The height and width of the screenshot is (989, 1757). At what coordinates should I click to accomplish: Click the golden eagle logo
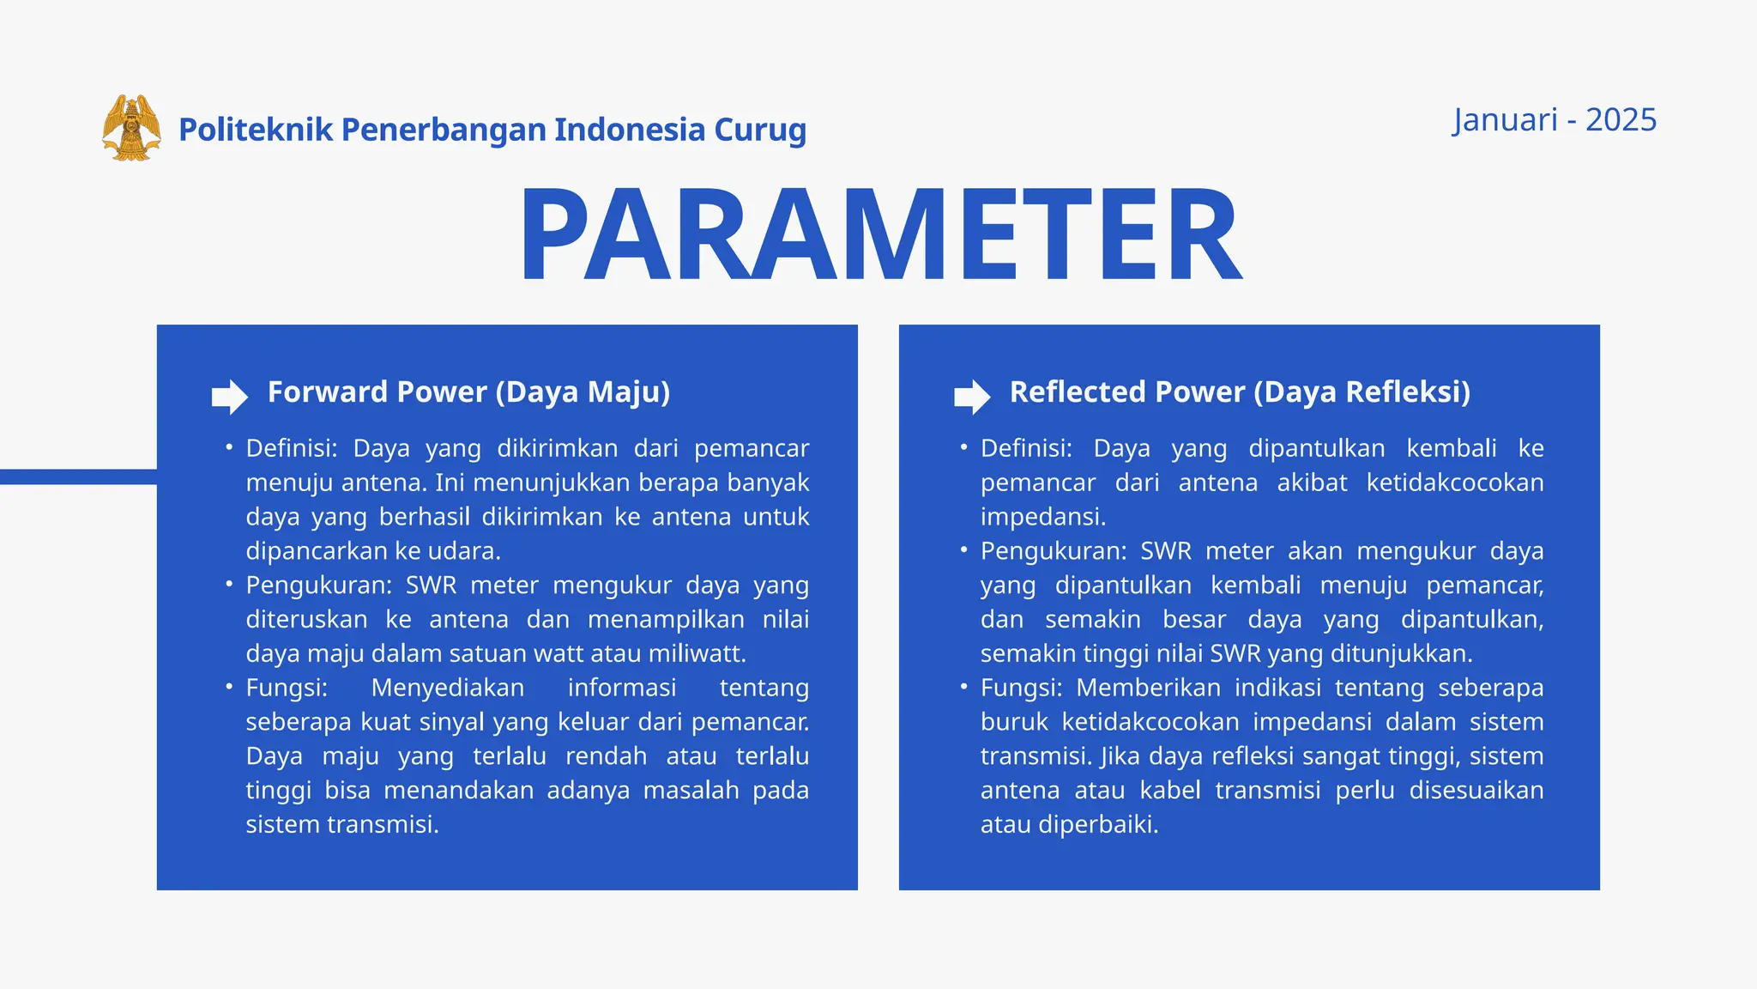coord(131,128)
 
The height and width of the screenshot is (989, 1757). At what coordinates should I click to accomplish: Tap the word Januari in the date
coord(1505,120)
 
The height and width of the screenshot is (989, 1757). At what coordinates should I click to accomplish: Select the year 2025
coord(1621,120)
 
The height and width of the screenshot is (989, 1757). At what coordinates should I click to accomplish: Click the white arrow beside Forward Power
coord(229,397)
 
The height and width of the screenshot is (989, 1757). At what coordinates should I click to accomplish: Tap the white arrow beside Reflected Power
coord(971,397)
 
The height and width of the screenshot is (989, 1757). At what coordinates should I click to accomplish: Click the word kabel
coord(1169,791)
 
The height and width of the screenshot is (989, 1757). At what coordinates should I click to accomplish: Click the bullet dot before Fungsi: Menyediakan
coord(229,687)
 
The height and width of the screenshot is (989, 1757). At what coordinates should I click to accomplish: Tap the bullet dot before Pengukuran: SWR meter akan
coord(963,549)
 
